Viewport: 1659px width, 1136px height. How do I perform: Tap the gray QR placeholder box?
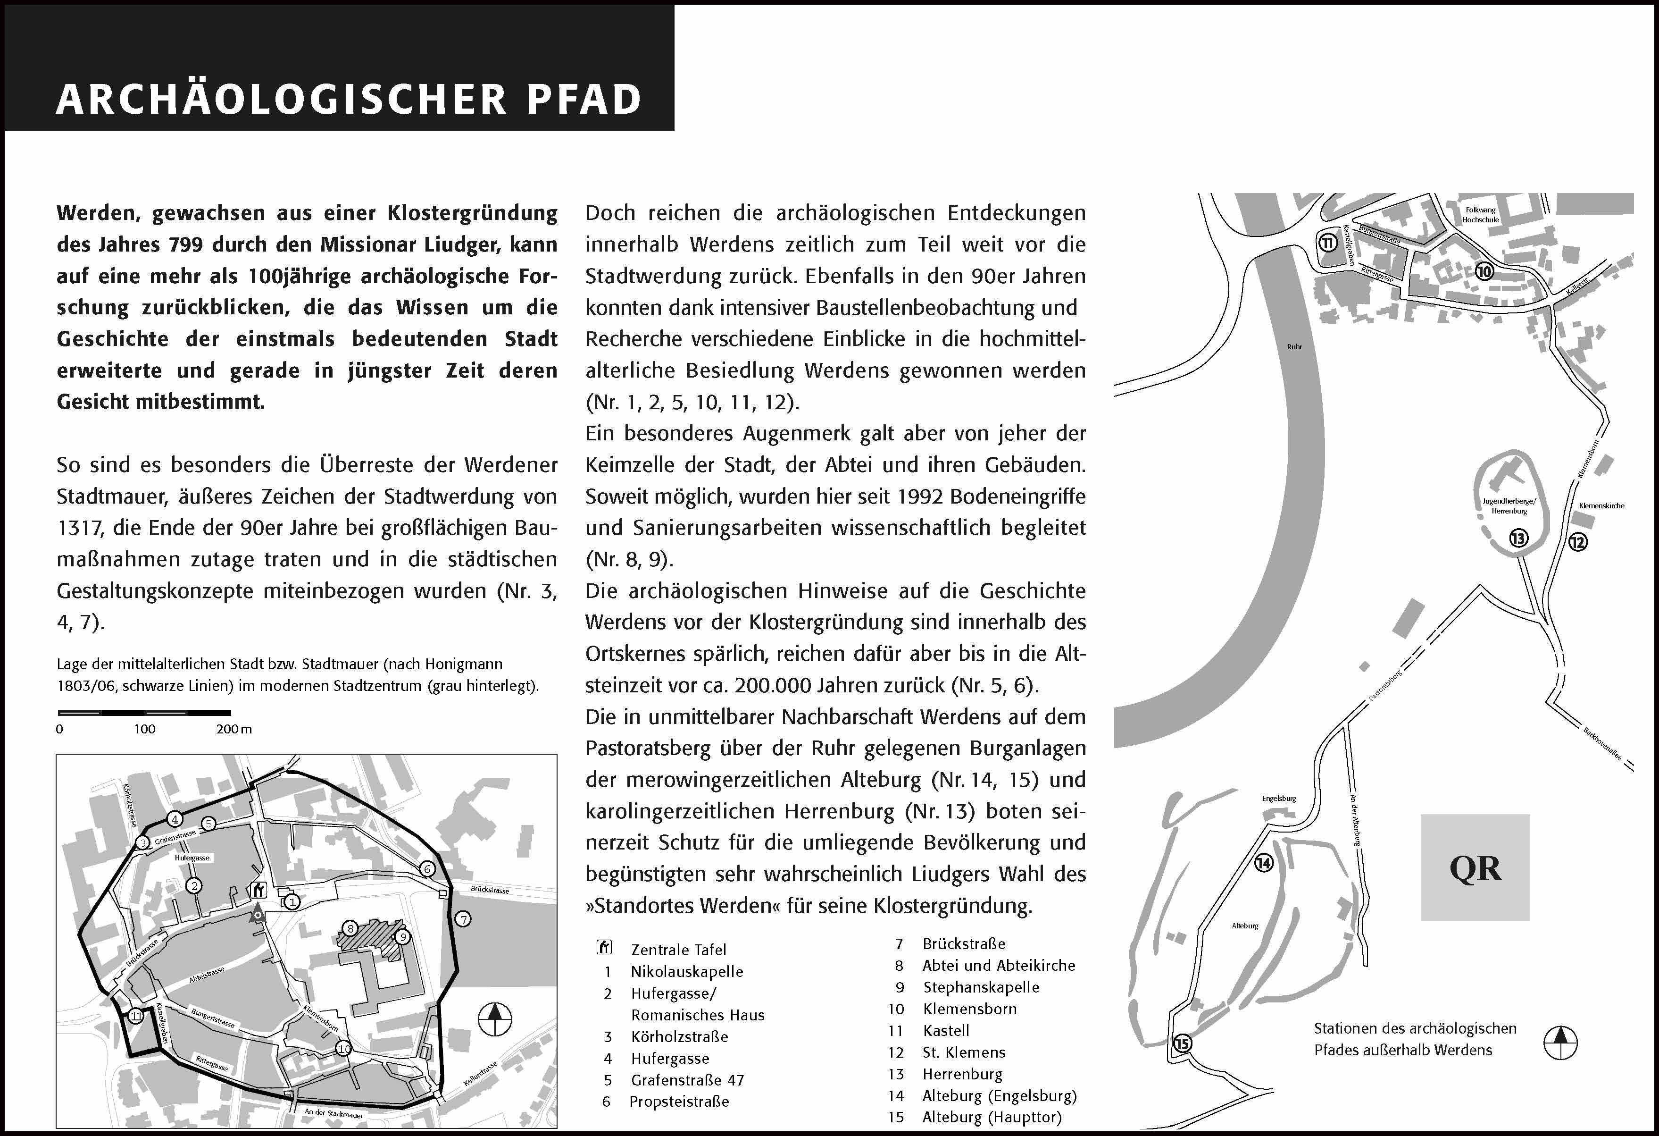click(1475, 867)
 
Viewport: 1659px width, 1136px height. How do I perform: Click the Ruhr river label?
click(1294, 347)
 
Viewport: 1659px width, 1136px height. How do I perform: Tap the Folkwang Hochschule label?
click(1481, 215)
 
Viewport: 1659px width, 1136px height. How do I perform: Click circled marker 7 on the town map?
click(464, 919)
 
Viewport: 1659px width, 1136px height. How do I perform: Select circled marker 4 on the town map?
click(174, 819)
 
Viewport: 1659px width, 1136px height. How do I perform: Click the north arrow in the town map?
click(495, 1019)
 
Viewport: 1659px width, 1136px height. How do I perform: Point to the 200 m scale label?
click(233, 729)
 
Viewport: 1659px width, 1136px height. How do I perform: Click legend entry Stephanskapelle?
click(981, 987)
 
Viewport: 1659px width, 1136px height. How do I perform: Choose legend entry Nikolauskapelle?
click(687, 972)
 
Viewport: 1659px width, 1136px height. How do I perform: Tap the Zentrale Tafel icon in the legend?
click(604, 948)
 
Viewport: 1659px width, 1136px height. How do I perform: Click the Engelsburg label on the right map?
click(1278, 798)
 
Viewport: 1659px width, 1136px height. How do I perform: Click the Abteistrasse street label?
click(207, 975)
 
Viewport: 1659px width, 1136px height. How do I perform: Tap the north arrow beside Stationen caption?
click(1560, 1043)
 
